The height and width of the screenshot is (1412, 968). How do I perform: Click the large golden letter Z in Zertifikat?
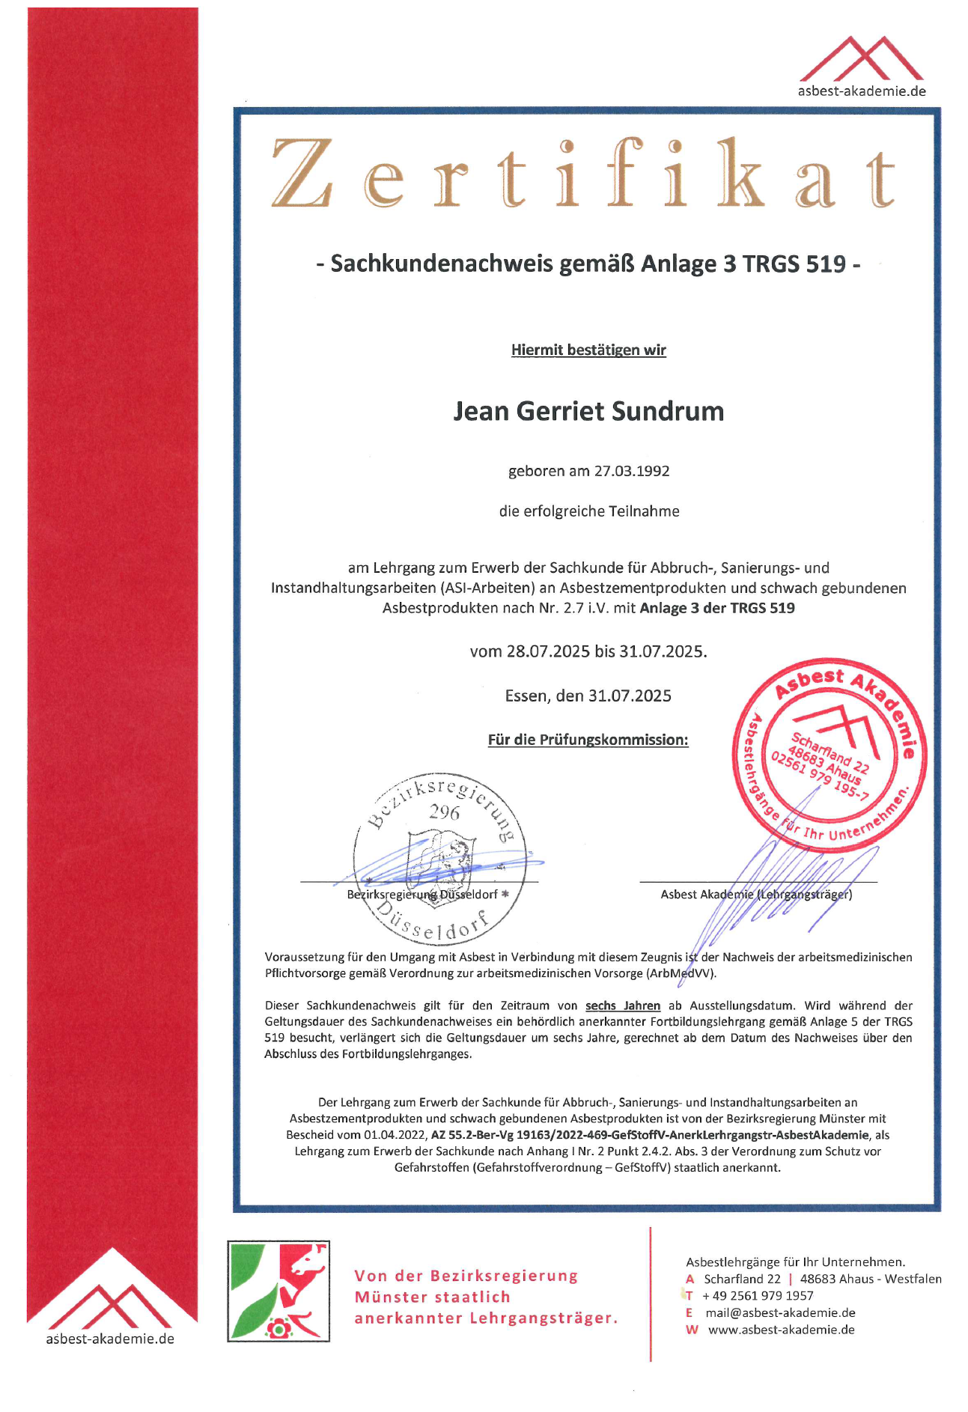coord(302,173)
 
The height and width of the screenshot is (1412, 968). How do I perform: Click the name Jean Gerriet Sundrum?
coord(588,412)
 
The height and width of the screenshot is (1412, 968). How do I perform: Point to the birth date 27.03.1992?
coord(632,472)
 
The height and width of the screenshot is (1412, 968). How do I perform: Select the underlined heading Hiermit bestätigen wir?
coord(588,350)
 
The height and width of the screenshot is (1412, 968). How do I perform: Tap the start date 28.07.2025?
coord(548,651)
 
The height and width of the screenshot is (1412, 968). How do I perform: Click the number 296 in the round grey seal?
coord(444,812)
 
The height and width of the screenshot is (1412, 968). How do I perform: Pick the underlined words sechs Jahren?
coord(623,1006)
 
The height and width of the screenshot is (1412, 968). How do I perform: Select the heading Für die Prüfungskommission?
coord(588,740)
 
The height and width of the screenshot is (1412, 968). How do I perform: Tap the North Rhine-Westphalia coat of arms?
coord(278,1291)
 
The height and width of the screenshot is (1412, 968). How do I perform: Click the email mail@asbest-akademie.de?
coord(780,1313)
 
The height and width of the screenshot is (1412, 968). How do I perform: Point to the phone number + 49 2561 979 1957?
coord(758,1296)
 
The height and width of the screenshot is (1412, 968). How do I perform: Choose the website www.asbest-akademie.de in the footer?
coord(781,1330)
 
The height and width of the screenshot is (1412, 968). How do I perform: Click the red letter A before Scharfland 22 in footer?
coord(690,1279)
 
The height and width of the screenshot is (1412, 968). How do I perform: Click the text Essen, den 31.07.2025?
coord(588,696)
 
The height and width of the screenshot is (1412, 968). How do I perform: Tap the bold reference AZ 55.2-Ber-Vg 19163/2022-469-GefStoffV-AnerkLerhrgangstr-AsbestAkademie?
coord(650,1135)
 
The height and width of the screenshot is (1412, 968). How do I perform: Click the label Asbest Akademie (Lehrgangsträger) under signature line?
coord(756,895)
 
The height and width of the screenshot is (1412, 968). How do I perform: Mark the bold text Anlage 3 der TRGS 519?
coord(717,609)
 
